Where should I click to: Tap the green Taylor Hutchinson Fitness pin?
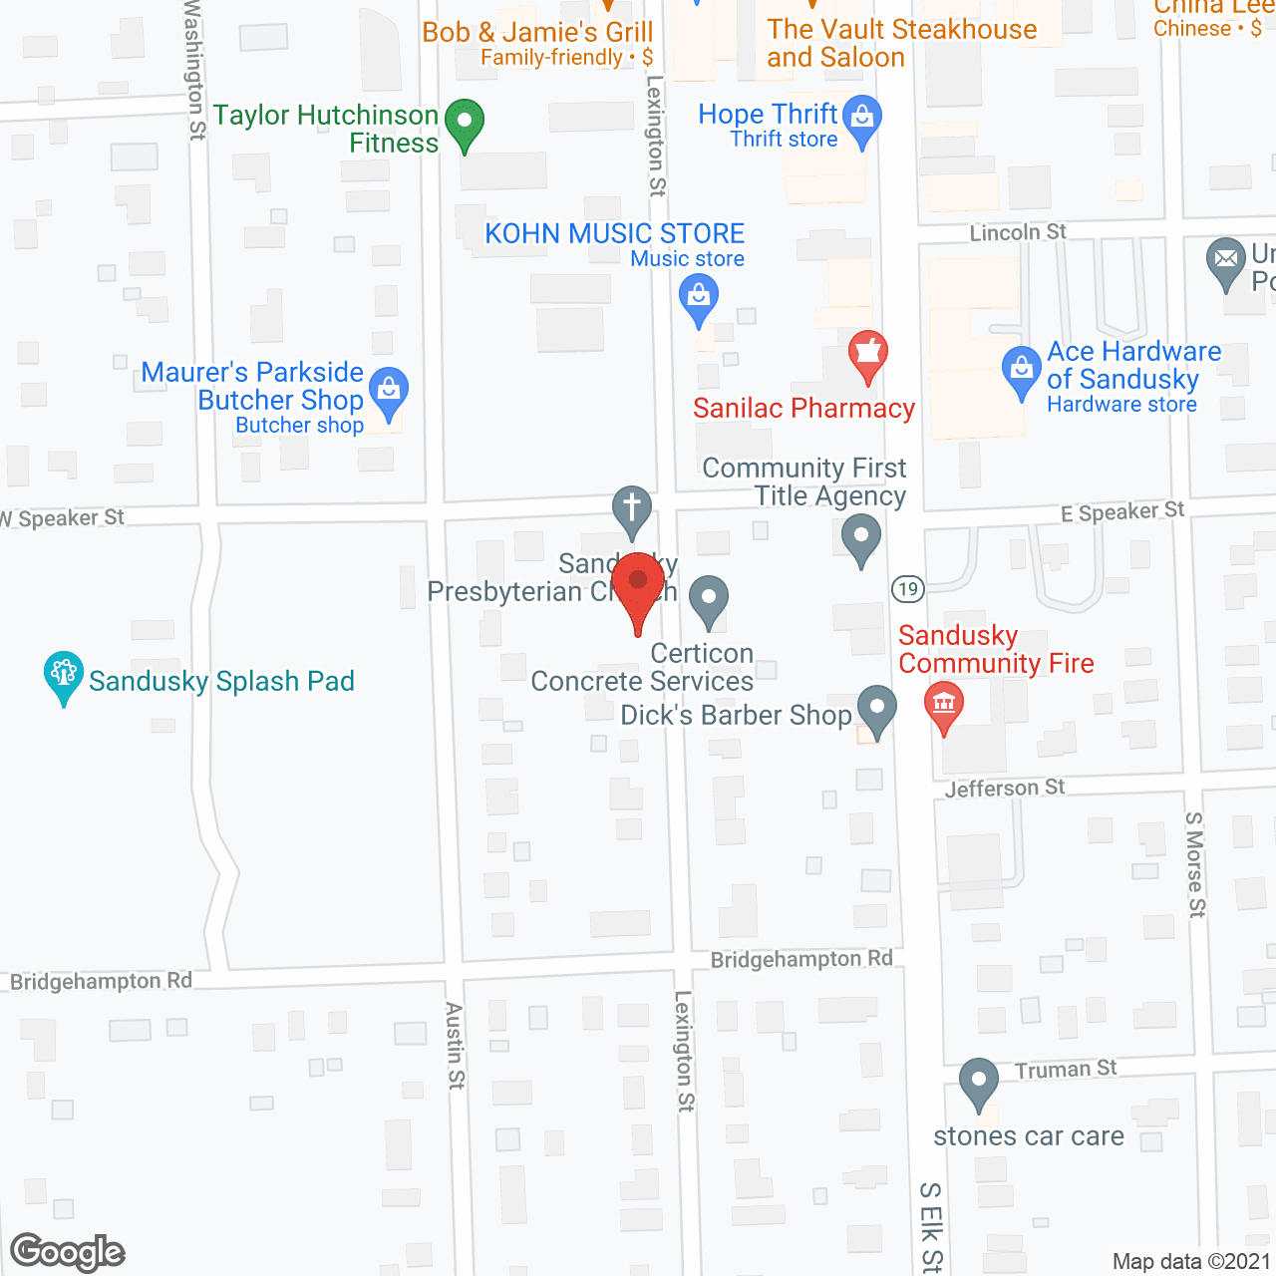click(464, 124)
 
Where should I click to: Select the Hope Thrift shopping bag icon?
click(862, 119)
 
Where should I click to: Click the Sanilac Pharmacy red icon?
click(868, 354)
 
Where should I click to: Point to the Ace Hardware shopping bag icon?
click(1021, 370)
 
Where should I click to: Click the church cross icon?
click(631, 509)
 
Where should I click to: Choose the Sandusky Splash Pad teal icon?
click(64, 676)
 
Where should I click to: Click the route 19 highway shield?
click(907, 589)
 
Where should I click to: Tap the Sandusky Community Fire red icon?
click(944, 705)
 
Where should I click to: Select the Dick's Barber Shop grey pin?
click(876, 710)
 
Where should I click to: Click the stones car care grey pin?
click(978, 1083)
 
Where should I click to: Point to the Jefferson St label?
click(1005, 789)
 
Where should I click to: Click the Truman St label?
click(1066, 1070)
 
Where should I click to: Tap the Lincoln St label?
click(1018, 232)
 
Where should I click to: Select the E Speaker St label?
click(1122, 512)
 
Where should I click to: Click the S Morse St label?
click(1195, 864)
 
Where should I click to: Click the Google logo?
click(68, 1252)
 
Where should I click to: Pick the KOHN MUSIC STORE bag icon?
click(699, 298)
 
